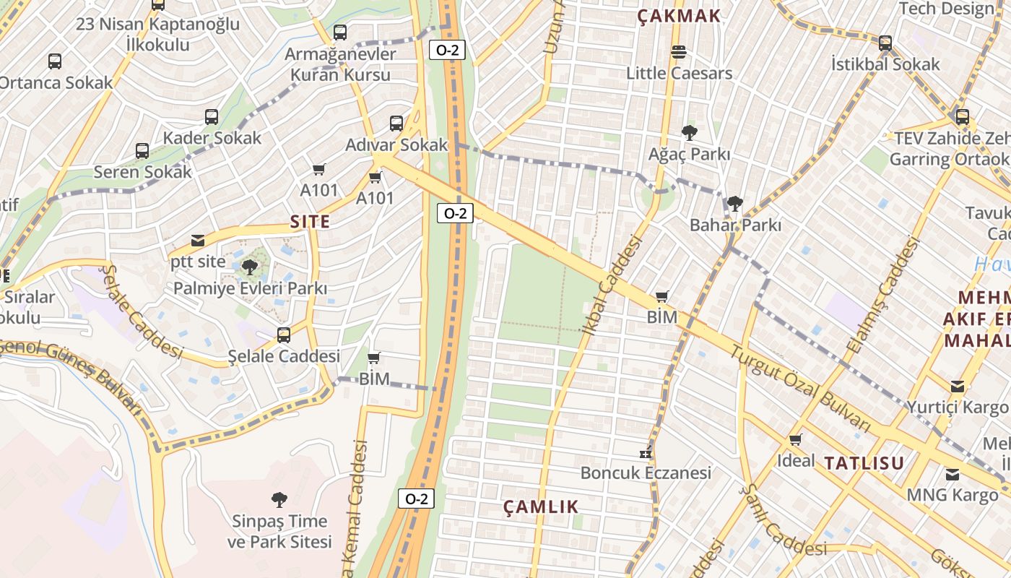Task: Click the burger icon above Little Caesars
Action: [678, 52]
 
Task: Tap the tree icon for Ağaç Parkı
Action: [689, 133]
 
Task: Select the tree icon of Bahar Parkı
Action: [734, 204]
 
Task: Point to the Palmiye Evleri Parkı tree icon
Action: [250, 267]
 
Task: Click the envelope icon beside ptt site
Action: [197, 241]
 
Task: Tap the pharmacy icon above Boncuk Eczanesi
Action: [646, 453]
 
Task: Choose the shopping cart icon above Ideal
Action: [795, 439]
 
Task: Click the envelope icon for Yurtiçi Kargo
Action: [957, 386]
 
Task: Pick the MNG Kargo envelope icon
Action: [953, 475]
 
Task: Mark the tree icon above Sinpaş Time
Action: [279, 499]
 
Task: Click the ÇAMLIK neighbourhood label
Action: [541, 506]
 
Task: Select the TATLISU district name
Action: [864, 463]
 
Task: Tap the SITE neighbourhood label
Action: [310, 222]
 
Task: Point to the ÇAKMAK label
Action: [679, 16]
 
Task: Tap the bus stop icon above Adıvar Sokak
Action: [396, 123]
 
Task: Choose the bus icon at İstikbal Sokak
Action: [885, 43]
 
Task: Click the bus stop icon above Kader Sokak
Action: [211, 116]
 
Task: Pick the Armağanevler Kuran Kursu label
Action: [340, 64]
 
